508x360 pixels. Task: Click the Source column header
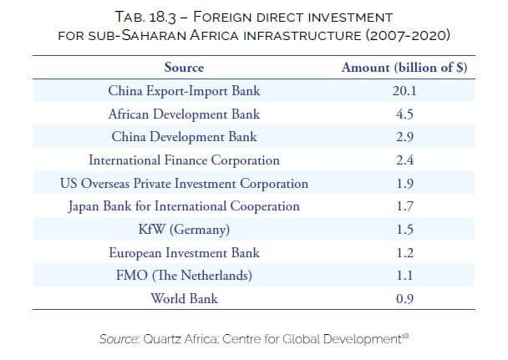point(184,68)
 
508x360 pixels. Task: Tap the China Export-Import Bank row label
point(184,90)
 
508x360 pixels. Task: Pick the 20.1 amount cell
point(404,90)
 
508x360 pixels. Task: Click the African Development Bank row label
point(184,114)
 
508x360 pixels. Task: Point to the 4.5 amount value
point(404,114)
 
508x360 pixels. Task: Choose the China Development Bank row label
point(184,136)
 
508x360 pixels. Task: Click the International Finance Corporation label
point(184,160)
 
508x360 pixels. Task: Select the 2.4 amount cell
point(404,160)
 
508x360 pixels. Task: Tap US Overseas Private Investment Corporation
point(184,183)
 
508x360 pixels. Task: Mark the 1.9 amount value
point(404,183)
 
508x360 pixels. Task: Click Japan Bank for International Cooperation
point(184,205)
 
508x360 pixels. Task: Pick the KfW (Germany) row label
point(184,229)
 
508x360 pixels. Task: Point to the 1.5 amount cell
point(404,229)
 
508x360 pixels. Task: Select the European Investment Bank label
point(184,252)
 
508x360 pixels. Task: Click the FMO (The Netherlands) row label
point(184,275)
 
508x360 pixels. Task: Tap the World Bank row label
point(184,298)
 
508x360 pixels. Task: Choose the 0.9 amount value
point(404,298)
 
